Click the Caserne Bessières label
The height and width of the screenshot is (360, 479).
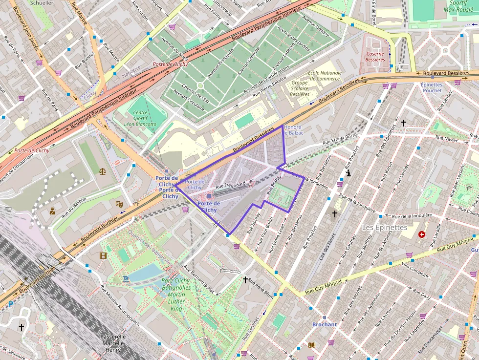point(375,57)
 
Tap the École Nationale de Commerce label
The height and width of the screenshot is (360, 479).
point(325,76)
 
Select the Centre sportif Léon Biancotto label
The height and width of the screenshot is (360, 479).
point(141,118)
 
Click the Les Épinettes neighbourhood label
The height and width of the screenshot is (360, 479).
point(384,228)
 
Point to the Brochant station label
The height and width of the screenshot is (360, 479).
point(325,324)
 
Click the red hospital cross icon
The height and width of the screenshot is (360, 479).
point(421,235)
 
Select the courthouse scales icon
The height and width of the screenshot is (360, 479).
point(102,171)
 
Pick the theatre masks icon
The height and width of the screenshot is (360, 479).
point(119,204)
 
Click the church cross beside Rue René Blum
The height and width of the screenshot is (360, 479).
point(245,279)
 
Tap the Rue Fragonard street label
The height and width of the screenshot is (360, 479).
point(230,186)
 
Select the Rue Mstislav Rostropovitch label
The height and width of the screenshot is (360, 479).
point(120,306)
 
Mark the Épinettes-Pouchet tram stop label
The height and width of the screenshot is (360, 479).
point(432,87)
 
